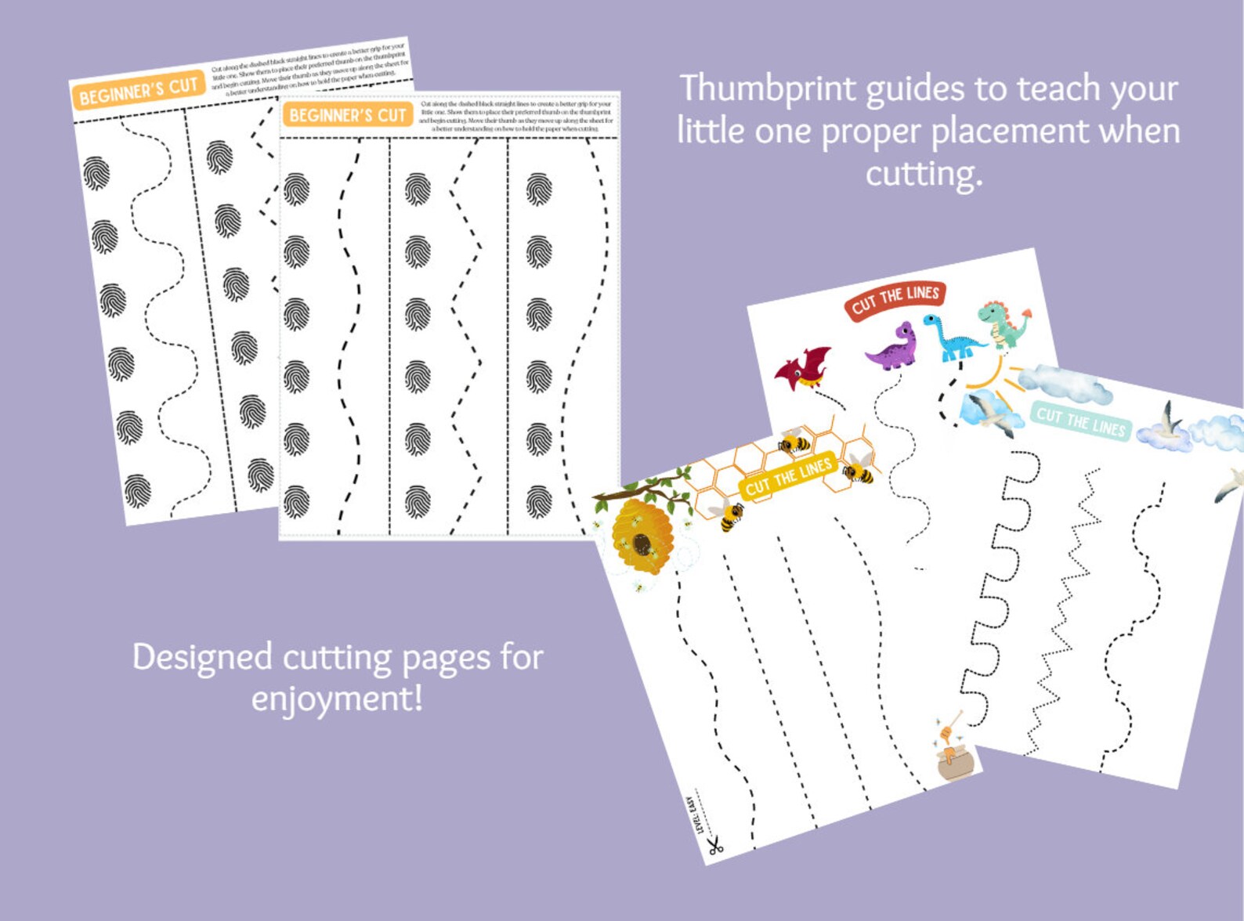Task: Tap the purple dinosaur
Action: tap(892, 348)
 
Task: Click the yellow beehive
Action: tap(642, 536)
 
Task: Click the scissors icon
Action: tap(714, 846)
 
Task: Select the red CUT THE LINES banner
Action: tap(895, 298)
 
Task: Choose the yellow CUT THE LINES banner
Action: tap(788, 477)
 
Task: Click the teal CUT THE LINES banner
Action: tap(1081, 422)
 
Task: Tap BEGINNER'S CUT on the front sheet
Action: tap(348, 116)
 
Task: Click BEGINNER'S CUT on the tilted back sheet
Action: tap(138, 92)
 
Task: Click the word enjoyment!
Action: tap(337, 698)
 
